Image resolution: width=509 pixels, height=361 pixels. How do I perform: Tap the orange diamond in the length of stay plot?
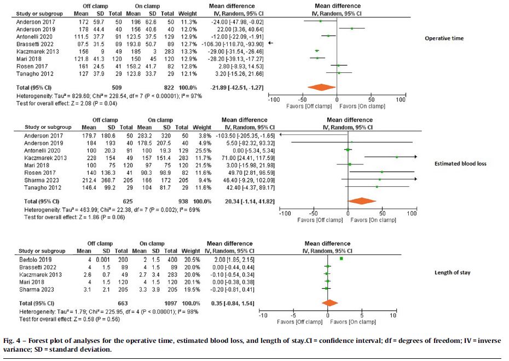pyautogui.click(x=329, y=302)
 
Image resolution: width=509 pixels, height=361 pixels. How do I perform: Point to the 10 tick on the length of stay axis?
pyautogui.click(x=392, y=316)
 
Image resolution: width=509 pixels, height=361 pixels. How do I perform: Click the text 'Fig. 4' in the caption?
pyautogui.click(x=15, y=340)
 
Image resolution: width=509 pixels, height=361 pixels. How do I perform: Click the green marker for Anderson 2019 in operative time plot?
pyautogui.click(x=352, y=28)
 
